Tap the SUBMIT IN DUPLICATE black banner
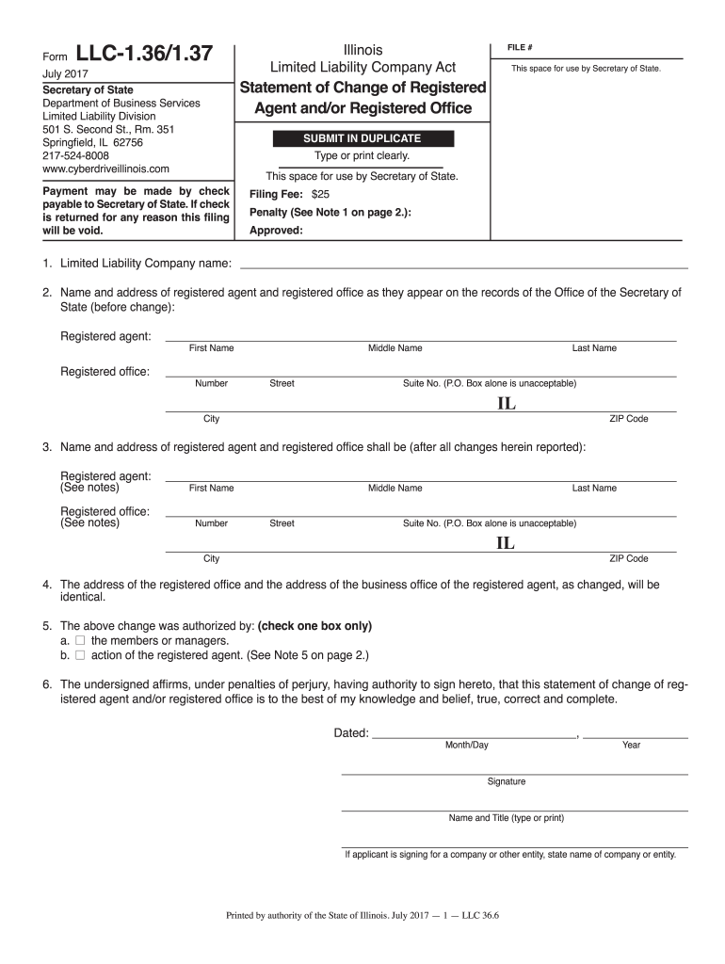[x=362, y=138]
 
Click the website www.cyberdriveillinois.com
[x=106, y=169]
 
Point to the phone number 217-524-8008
[x=76, y=155]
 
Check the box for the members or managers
[x=80, y=641]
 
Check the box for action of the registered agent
[x=80, y=655]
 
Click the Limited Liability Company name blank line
[x=465, y=267]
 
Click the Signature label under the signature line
[x=507, y=781]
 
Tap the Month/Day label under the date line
[x=467, y=745]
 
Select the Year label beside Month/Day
[x=631, y=745]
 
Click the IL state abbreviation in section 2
[x=507, y=404]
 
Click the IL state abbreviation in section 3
[x=507, y=544]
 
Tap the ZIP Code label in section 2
[x=629, y=419]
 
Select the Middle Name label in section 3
[x=395, y=488]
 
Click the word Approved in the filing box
[x=275, y=230]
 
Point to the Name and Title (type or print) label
[x=507, y=818]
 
